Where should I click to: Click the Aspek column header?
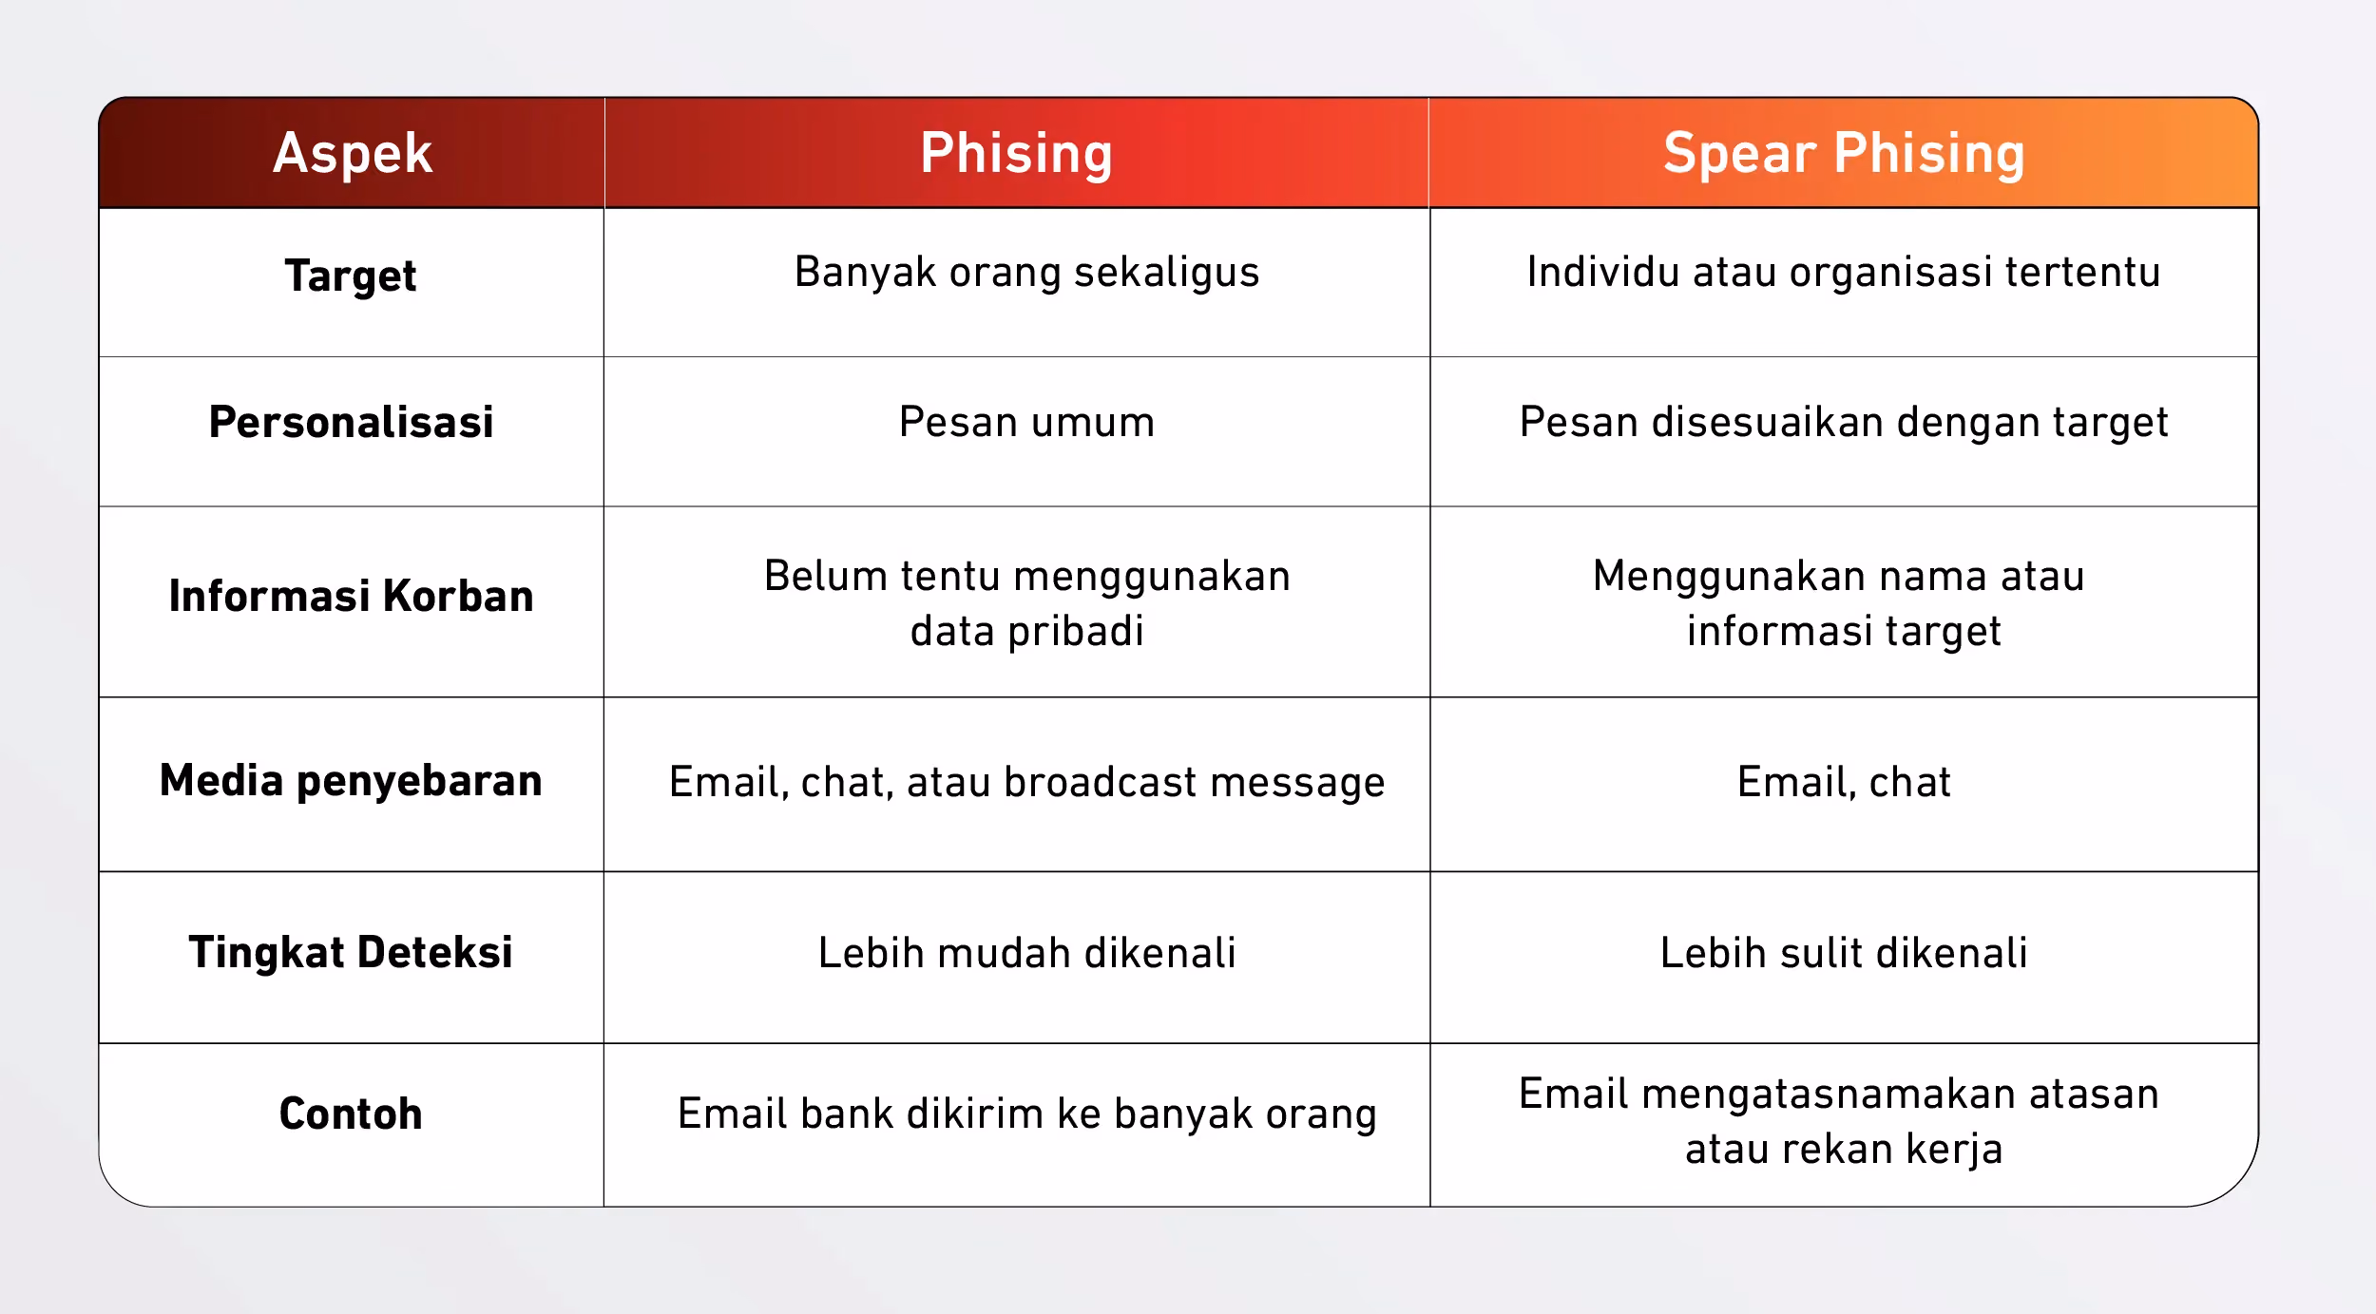353,154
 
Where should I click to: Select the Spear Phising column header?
1844,154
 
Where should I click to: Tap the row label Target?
351,276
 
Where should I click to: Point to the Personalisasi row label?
351,422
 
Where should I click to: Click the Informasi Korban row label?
351,596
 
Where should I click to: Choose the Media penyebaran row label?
351,781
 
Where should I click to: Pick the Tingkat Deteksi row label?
351,953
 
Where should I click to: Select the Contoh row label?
351,1114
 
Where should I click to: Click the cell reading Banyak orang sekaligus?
1026,273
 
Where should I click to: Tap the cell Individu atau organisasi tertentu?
1844,273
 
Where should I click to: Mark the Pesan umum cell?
1026,422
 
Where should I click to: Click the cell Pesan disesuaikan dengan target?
1844,423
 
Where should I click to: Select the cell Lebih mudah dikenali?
1026,953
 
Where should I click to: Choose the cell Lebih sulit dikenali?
1844,953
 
